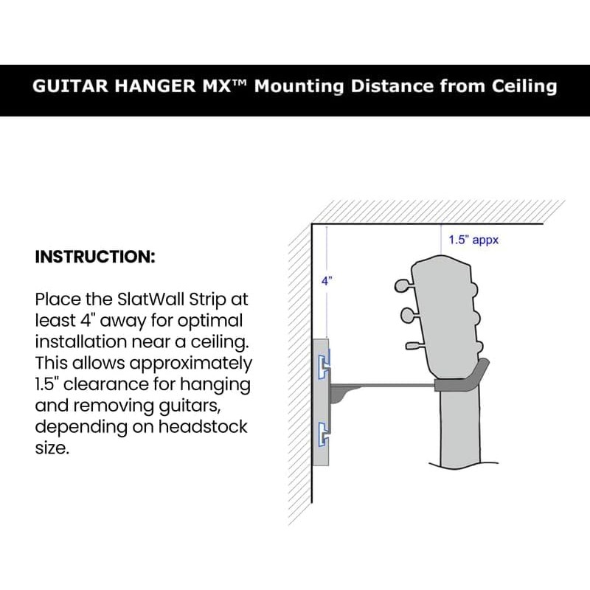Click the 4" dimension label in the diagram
pos(327,281)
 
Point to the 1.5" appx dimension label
pos(473,240)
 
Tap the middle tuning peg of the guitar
pos(409,316)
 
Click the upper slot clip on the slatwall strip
pos(324,366)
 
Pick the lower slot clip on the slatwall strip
pos(324,435)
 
